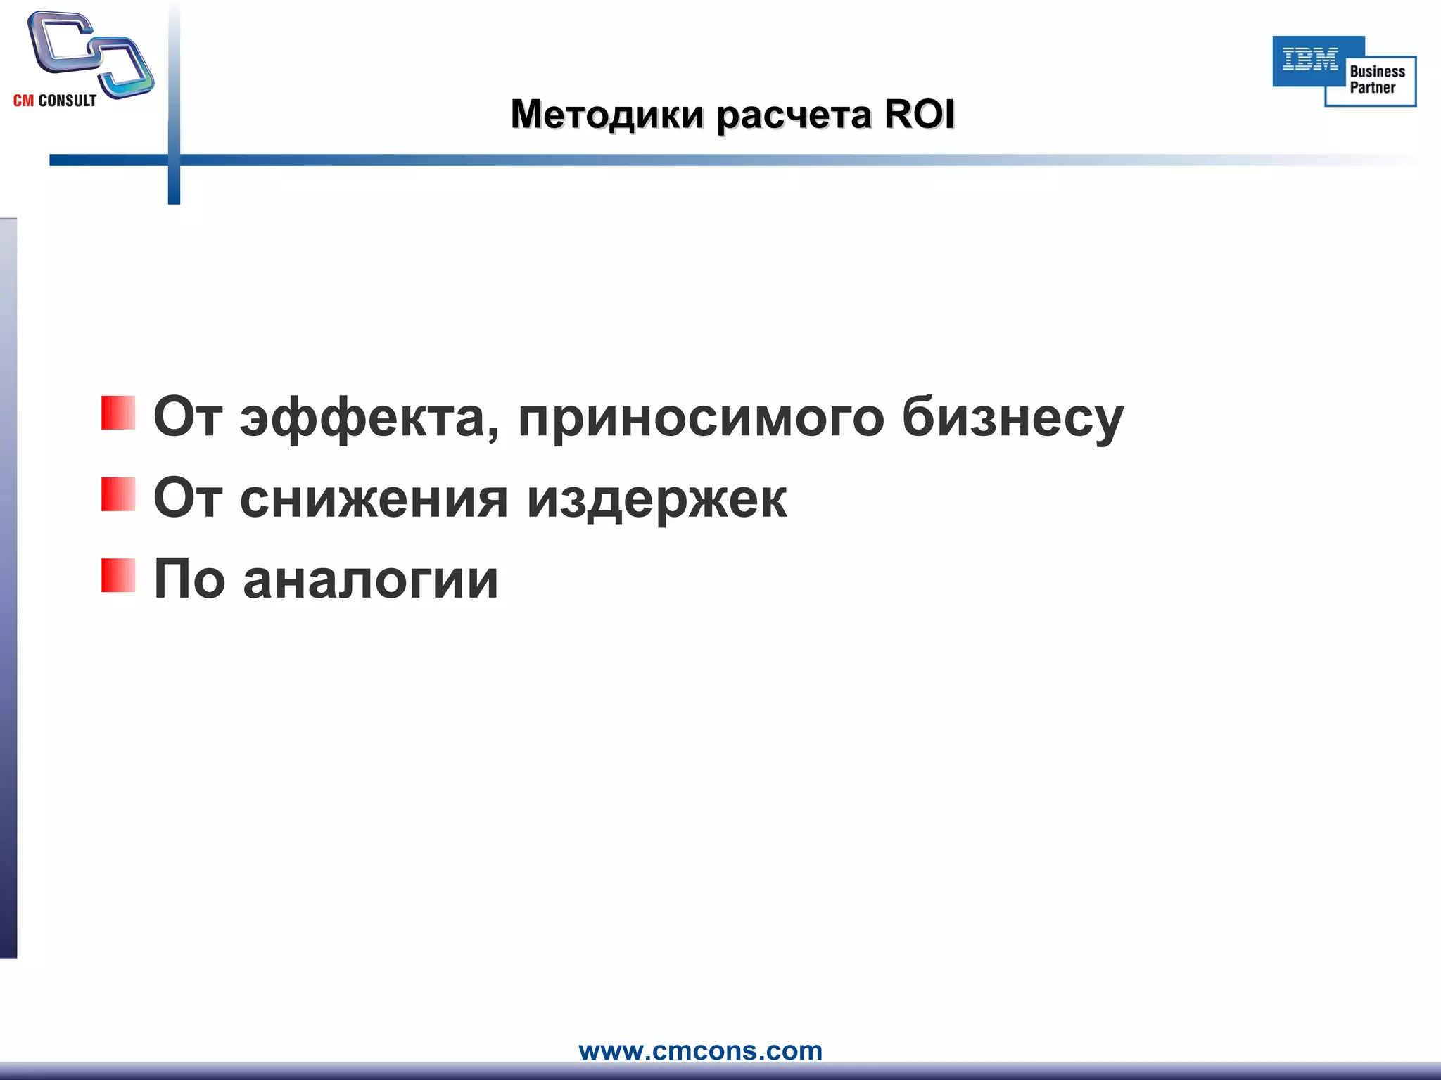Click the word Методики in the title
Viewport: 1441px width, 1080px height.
607,115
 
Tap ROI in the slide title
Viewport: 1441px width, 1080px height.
919,115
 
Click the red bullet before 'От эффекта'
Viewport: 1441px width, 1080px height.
118,413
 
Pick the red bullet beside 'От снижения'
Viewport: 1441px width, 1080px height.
118,494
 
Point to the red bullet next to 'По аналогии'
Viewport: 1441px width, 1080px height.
118,576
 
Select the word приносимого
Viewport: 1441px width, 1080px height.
701,418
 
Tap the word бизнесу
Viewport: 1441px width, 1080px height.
1012,418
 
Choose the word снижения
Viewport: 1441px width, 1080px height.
374,499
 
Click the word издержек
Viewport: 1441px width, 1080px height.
657,499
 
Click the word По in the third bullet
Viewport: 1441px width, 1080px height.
189,579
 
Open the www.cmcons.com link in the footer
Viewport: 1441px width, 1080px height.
700,1050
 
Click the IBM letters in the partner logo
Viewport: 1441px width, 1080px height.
1310,59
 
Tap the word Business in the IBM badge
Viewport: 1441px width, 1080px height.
1377,72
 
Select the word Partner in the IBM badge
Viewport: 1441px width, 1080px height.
1372,88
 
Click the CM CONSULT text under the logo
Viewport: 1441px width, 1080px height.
55,101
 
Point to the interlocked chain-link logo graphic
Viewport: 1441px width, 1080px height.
90,53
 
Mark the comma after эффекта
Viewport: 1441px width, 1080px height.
493,435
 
